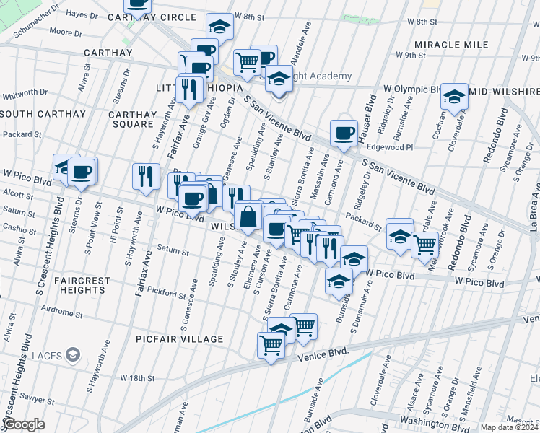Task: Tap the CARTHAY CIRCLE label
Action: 161,17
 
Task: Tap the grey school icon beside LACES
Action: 72,354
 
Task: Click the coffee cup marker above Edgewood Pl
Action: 344,133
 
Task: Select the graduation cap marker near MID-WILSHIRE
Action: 453,97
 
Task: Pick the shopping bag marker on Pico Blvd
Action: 247,216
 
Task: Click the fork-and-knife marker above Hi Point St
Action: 146,175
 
